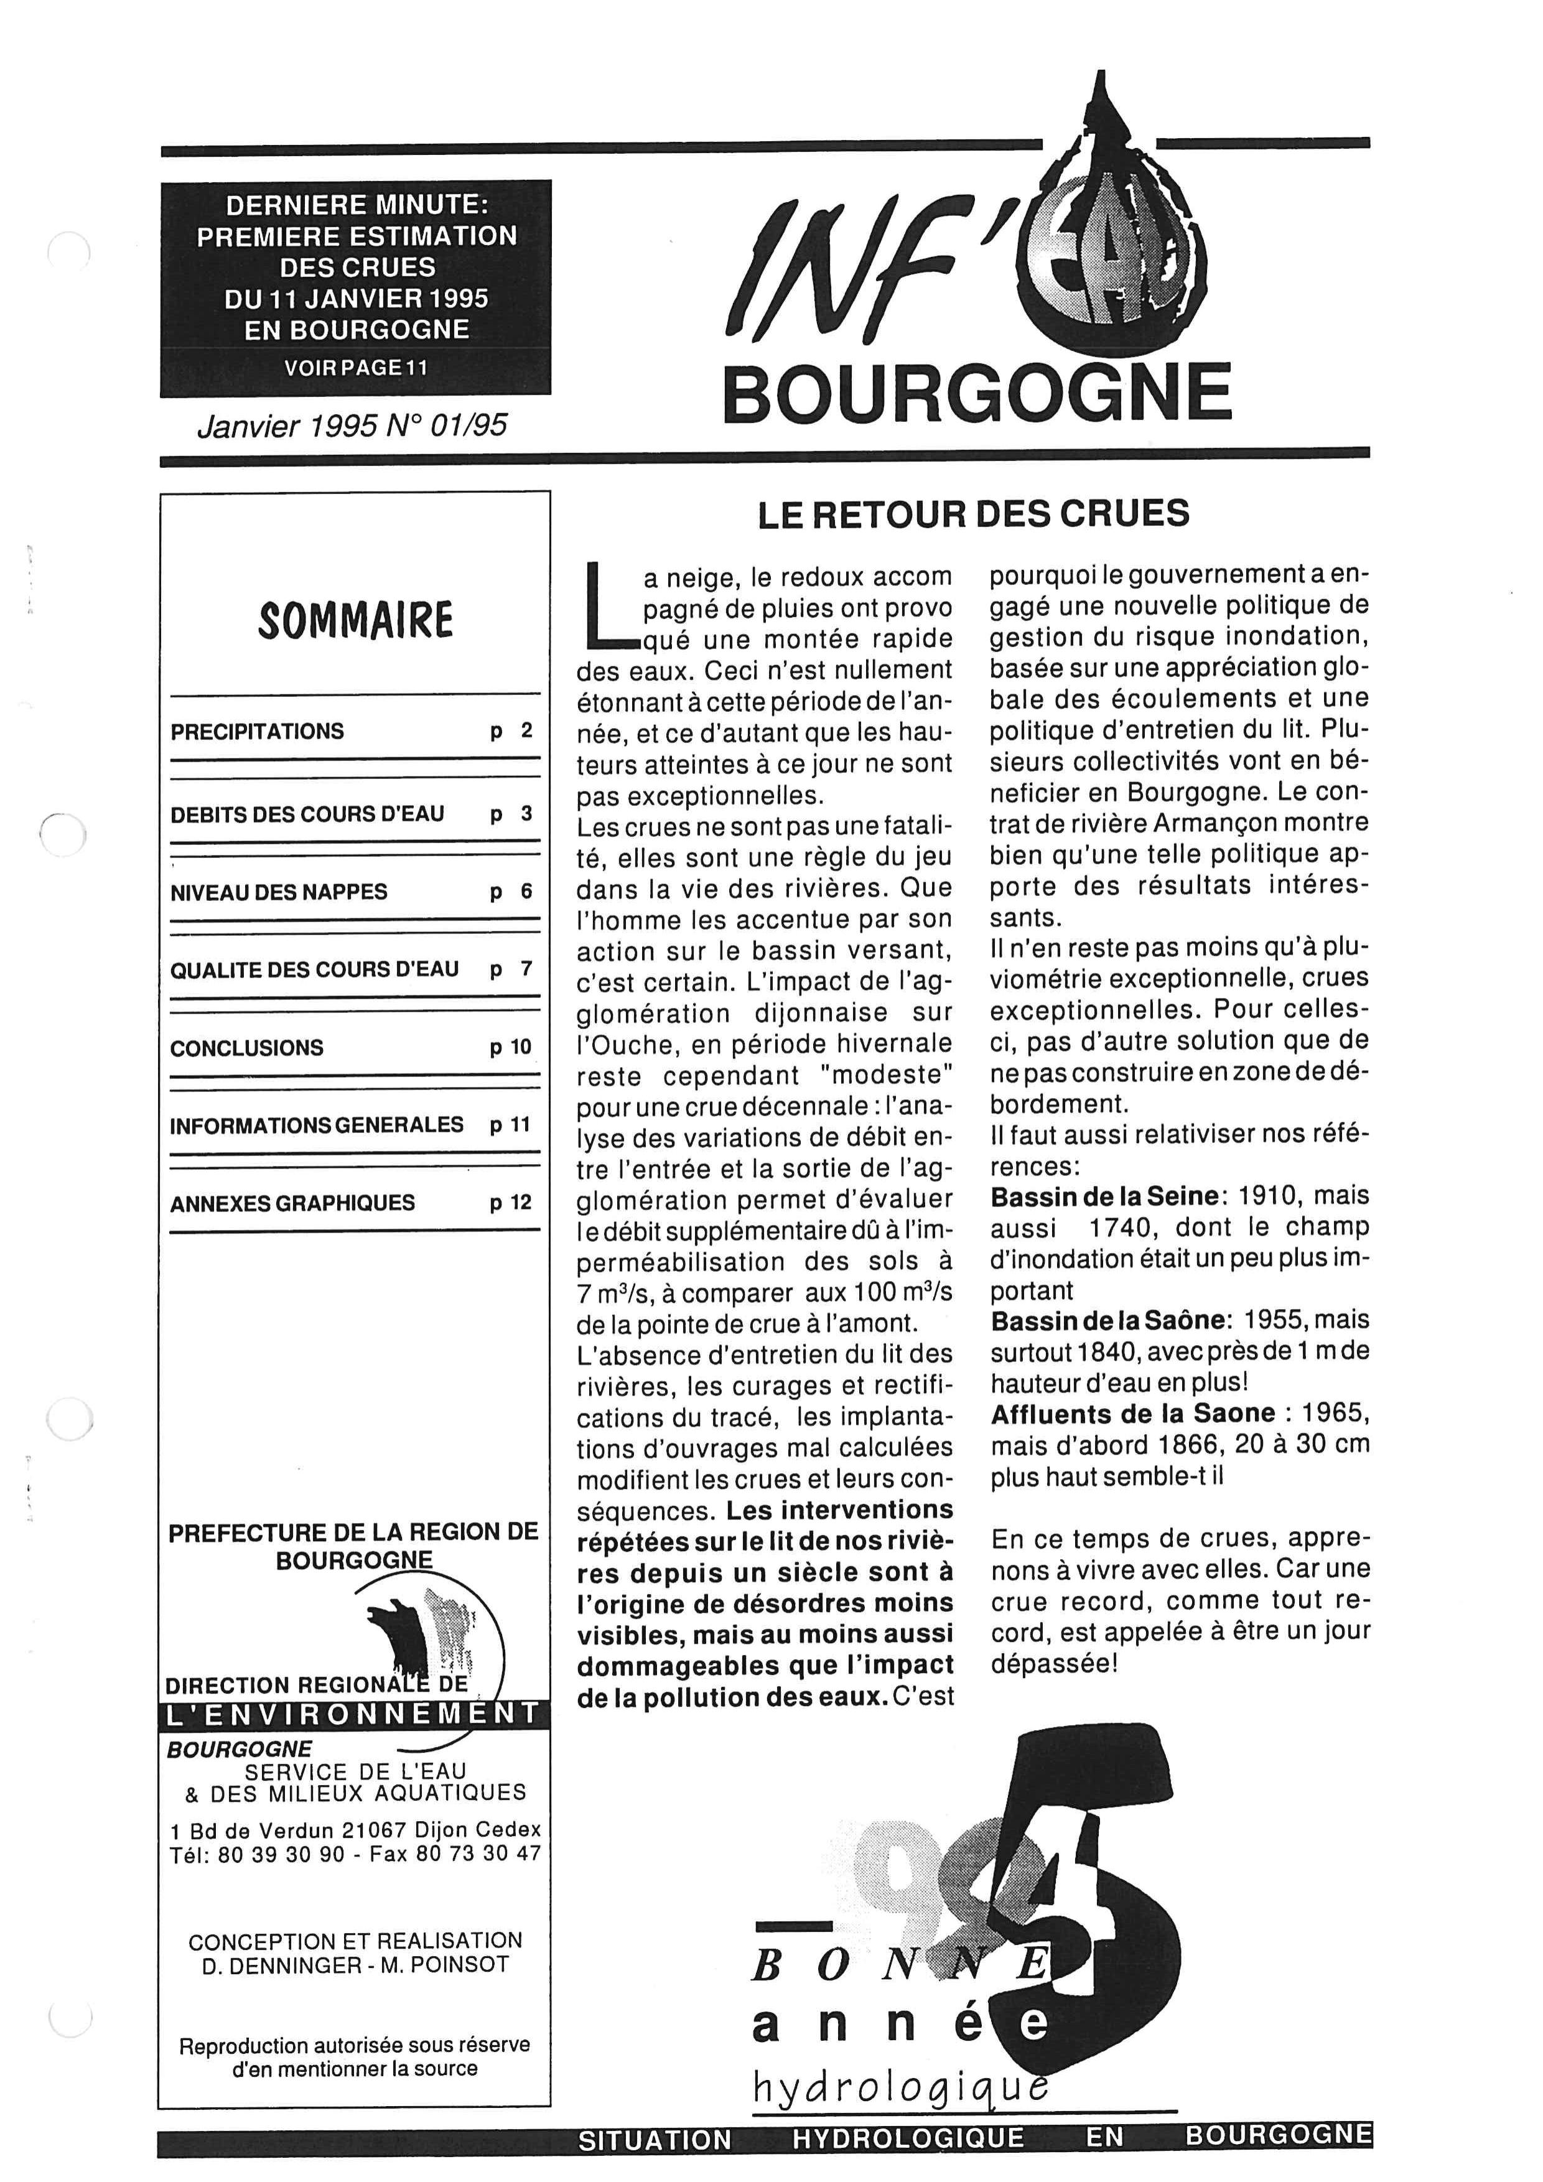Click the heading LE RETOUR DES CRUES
[x=973, y=514]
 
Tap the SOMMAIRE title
[x=355, y=620]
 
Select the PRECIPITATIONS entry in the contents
[x=258, y=732]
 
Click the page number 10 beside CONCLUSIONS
[x=511, y=1047]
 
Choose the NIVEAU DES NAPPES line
[x=279, y=892]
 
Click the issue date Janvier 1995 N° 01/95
[x=352, y=426]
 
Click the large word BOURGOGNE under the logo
[x=977, y=393]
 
